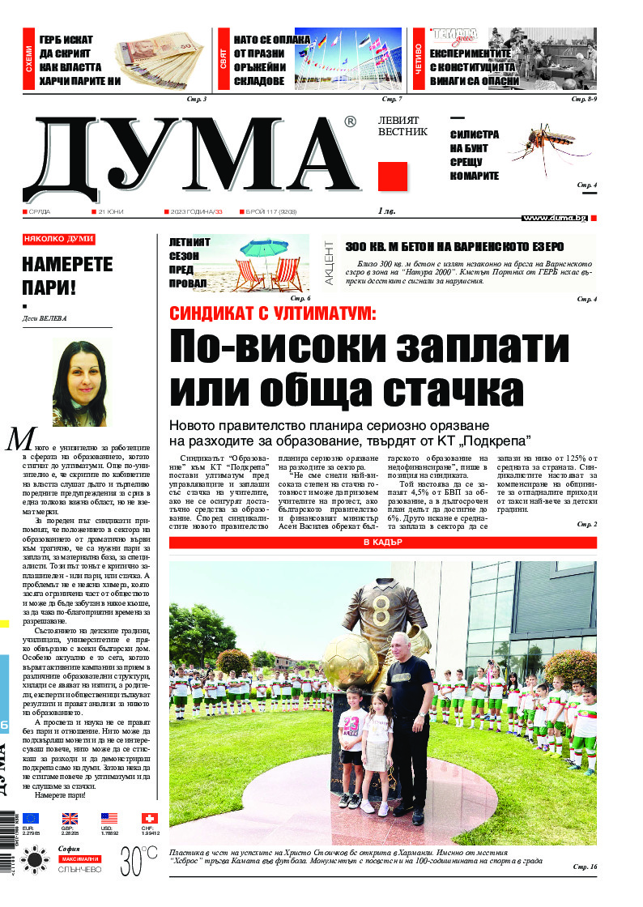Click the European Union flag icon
31,818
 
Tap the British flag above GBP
70,818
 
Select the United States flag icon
109,818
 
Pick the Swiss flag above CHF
149,818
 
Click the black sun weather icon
36,859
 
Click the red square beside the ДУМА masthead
393,177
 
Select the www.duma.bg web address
555,218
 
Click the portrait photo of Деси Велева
79,382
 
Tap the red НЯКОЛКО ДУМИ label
58,239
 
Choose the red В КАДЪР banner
382,542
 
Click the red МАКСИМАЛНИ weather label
79,858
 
